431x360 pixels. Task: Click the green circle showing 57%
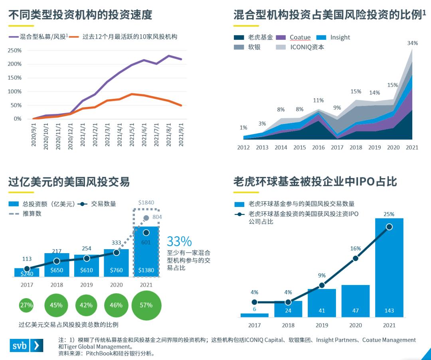click(146, 305)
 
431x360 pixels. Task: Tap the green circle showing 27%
click(27, 305)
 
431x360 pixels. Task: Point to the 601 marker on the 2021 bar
click(146, 232)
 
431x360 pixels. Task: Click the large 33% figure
click(179, 242)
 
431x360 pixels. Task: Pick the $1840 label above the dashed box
click(146, 203)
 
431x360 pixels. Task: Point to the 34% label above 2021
click(412, 43)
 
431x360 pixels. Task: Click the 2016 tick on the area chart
click(318, 148)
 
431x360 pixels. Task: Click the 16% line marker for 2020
click(356, 258)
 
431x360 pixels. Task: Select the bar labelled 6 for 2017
click(255, 315)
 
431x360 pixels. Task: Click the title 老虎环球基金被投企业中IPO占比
click(315, 182)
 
